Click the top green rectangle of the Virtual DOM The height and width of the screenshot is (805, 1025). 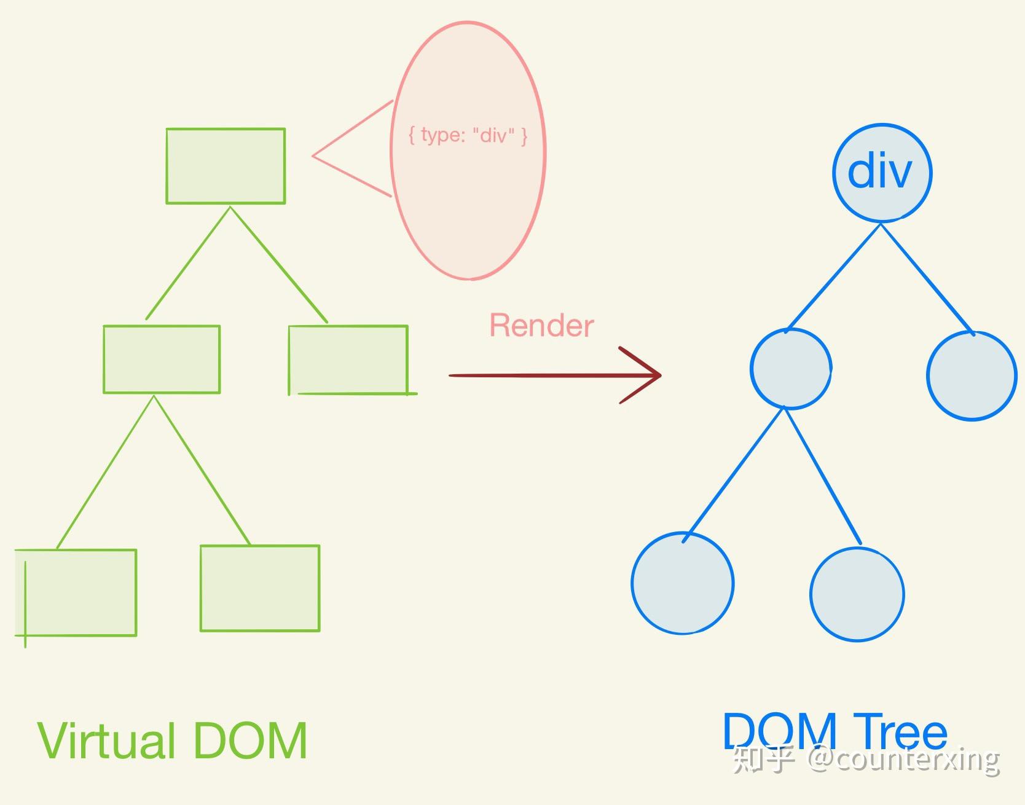[x=226, y=166]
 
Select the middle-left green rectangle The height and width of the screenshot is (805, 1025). [x=162, y=359]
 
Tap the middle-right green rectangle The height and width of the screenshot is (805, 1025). [x=348, y=359]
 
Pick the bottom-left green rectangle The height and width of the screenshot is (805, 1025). [x=76, y=592]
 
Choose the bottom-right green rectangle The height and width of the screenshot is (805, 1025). [x=260, y=588]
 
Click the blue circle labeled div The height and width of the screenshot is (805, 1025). [x=882, y=172]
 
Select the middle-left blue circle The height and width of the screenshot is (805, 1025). [x=791, y=369]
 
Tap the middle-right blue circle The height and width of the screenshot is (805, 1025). [x=971, y=375]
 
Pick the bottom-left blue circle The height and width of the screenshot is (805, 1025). [x=683, y=583]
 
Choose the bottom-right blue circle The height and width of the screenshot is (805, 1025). [x=857, y=595]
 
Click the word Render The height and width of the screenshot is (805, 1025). [x=541, y=326]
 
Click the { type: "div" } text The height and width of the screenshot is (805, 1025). [x=468, y=135]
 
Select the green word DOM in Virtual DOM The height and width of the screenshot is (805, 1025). [x=250, y=740]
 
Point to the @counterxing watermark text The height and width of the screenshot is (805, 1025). [x=903, y=760]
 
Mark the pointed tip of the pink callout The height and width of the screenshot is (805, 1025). [x=313, y=156]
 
